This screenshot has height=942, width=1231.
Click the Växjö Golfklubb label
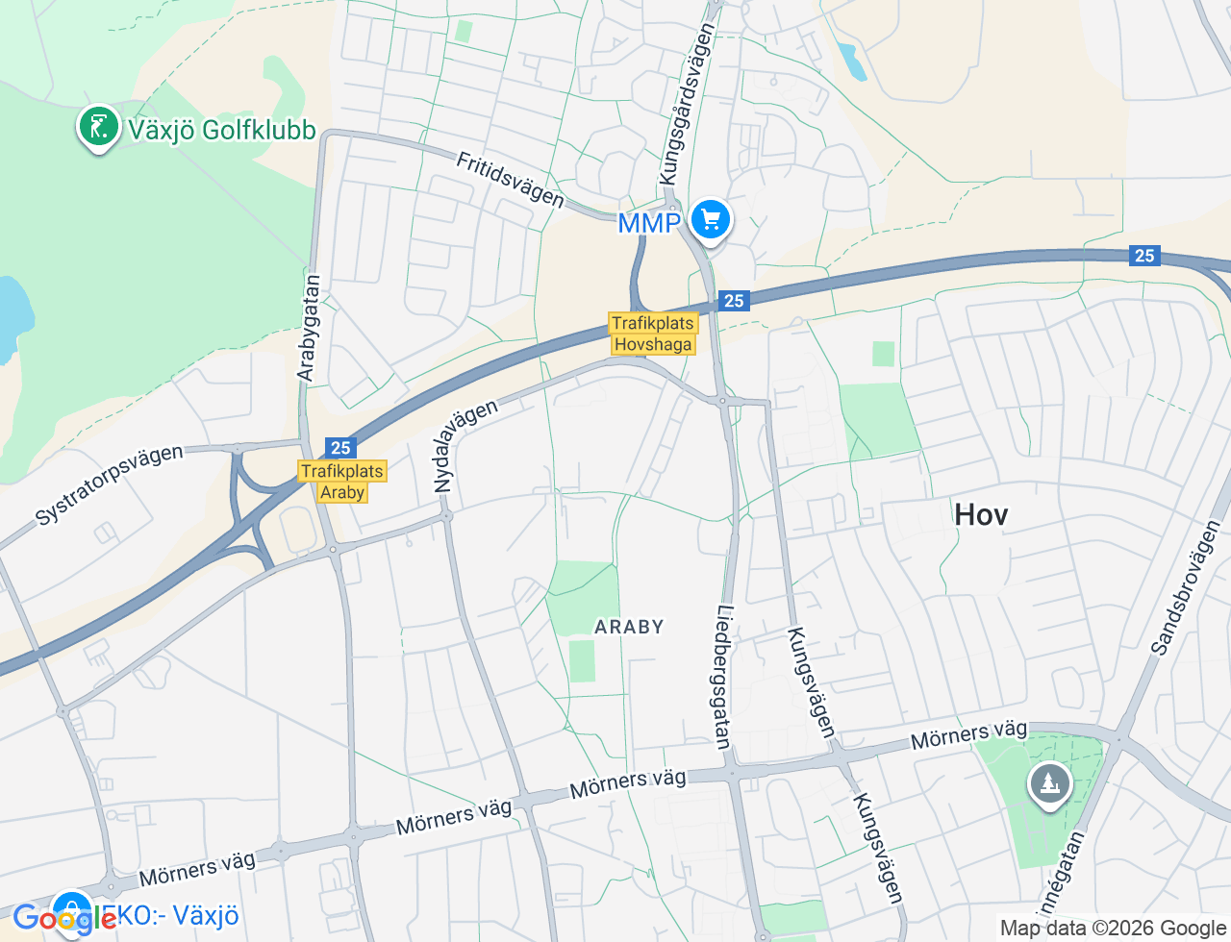[x=221, y=130]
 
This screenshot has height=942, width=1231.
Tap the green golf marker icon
[x=98, y=126]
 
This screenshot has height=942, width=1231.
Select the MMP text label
[x=648, y=223]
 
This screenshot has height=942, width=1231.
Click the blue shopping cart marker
[x=711, y=220]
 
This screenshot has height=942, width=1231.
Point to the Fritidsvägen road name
[x=510, y=180]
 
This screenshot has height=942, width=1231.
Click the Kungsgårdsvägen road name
[x=687, y=104]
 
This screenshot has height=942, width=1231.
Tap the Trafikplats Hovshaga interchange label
[x=653, y=334]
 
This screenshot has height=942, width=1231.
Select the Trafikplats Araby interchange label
[x=342, y=482]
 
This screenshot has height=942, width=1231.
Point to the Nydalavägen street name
[x=465, y=445]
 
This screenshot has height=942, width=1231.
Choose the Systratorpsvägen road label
[x=109, y=484]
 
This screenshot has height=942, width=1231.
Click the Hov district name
[x=981, y=515]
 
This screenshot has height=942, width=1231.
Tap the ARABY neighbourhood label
[x=629, y=627]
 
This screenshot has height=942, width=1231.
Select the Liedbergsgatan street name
[x=724, y=676]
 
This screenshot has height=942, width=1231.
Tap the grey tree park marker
[x=1049, y=784]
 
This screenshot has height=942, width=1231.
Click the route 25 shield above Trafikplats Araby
[x=340, y=448]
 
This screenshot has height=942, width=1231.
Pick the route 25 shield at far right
[x=1144, y=255]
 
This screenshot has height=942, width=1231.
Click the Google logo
[x=63, y=918]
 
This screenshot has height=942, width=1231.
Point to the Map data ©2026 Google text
[x=1113, y=928]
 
